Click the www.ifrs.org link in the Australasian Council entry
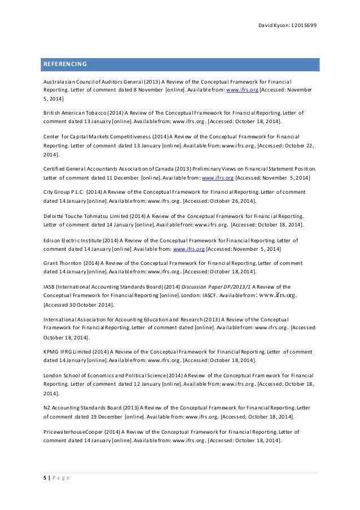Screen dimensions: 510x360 point(243,90)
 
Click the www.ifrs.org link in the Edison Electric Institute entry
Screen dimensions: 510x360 point(189,249)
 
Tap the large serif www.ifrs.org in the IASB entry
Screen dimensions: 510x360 point(277,295)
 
